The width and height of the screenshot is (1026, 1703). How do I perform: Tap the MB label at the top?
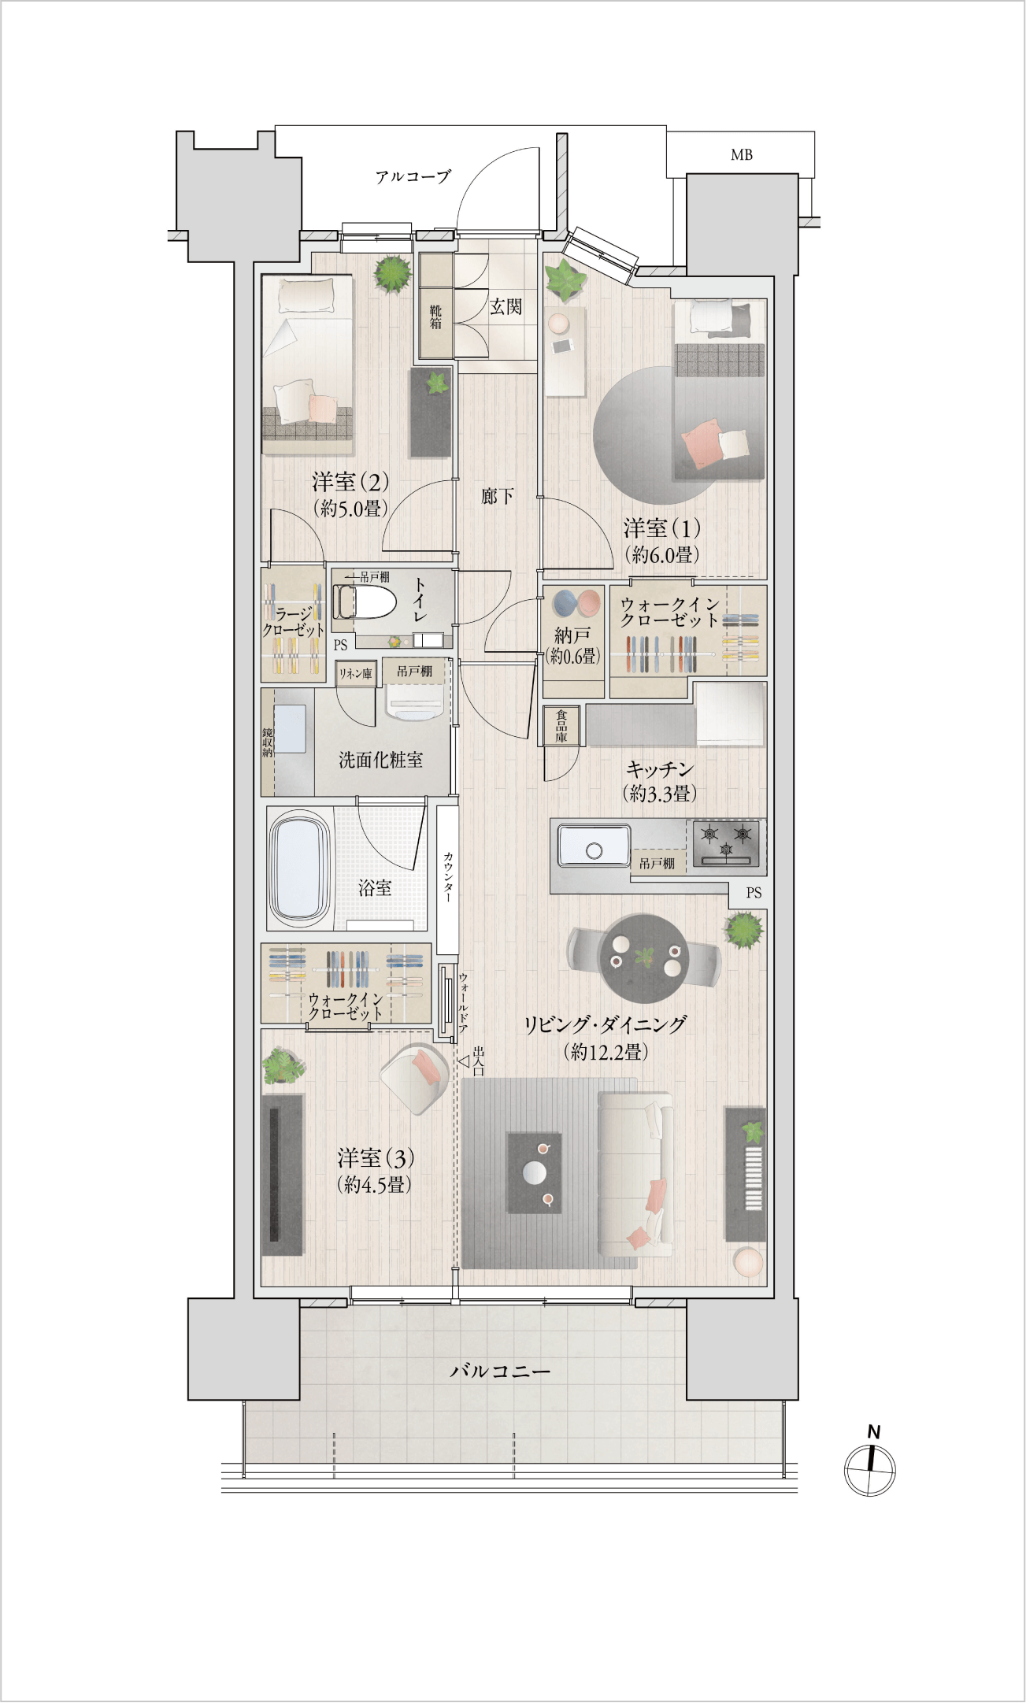click(x=742, y=155)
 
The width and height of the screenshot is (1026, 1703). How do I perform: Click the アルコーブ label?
click(x=413, y=176)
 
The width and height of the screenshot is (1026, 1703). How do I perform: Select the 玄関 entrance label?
click(x=506, y=306)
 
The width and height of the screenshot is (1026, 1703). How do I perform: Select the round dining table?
click(x=644, y=957)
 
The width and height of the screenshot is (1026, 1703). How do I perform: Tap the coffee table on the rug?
click(x=535, y=1173)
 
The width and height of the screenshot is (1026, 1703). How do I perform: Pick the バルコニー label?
click(x=500, y=1371)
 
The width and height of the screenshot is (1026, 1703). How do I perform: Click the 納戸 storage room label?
click(x=572, y=635)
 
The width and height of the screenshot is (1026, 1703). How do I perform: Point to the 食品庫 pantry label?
click(x=561, y=725)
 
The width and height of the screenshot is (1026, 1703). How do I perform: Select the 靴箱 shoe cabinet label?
click(x=435, y=317)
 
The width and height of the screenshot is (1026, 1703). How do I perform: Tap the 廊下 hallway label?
click(x=498, y=496)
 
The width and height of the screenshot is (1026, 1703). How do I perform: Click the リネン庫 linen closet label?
click(x=355, y=674)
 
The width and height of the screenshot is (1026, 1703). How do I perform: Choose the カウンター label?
click(x=447, y=876)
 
